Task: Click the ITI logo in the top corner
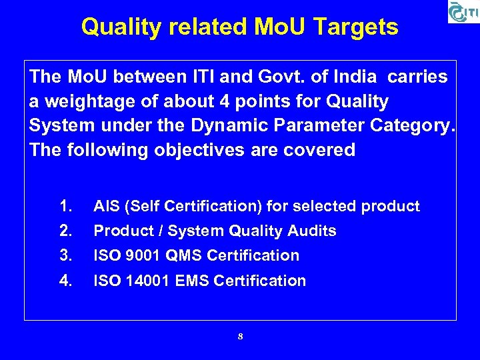463,12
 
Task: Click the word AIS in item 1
107,207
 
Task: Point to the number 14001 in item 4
145,281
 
